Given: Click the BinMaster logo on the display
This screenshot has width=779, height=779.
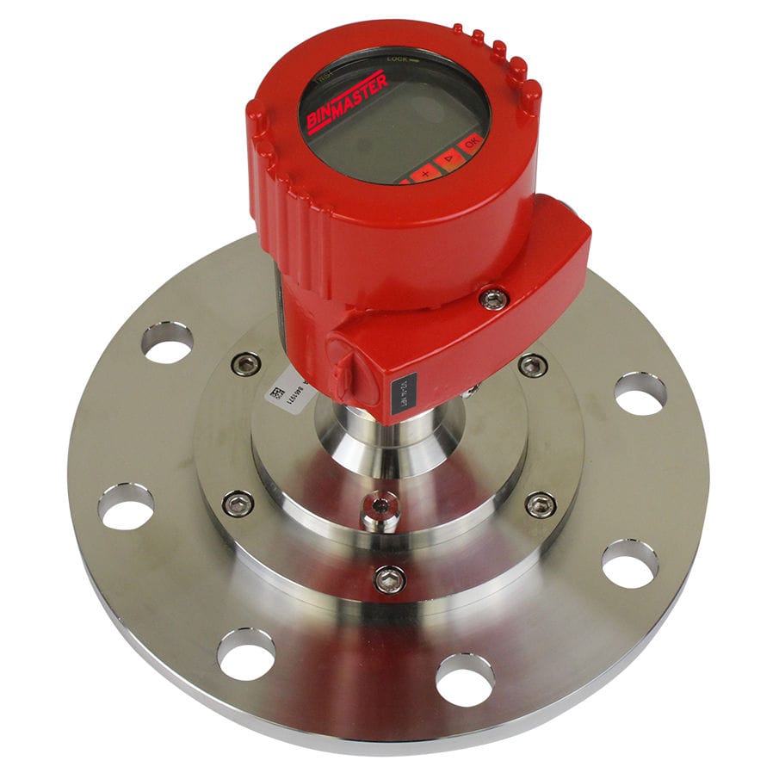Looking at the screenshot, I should tap(346, 102).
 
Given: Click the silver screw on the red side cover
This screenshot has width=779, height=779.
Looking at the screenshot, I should tap(494, 298).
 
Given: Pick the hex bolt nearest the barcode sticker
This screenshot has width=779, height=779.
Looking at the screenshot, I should tap(246, 364).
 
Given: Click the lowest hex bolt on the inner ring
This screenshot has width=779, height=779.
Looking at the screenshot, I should tap(389, 578).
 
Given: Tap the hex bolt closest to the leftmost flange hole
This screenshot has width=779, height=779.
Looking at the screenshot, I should tap(238, 504).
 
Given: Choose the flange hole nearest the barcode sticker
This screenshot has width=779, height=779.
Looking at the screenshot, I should tap(167, 342).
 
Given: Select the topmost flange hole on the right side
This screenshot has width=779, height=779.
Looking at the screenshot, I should tap(640, 393).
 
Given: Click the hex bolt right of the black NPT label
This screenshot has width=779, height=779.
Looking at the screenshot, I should tap(532, 365).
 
